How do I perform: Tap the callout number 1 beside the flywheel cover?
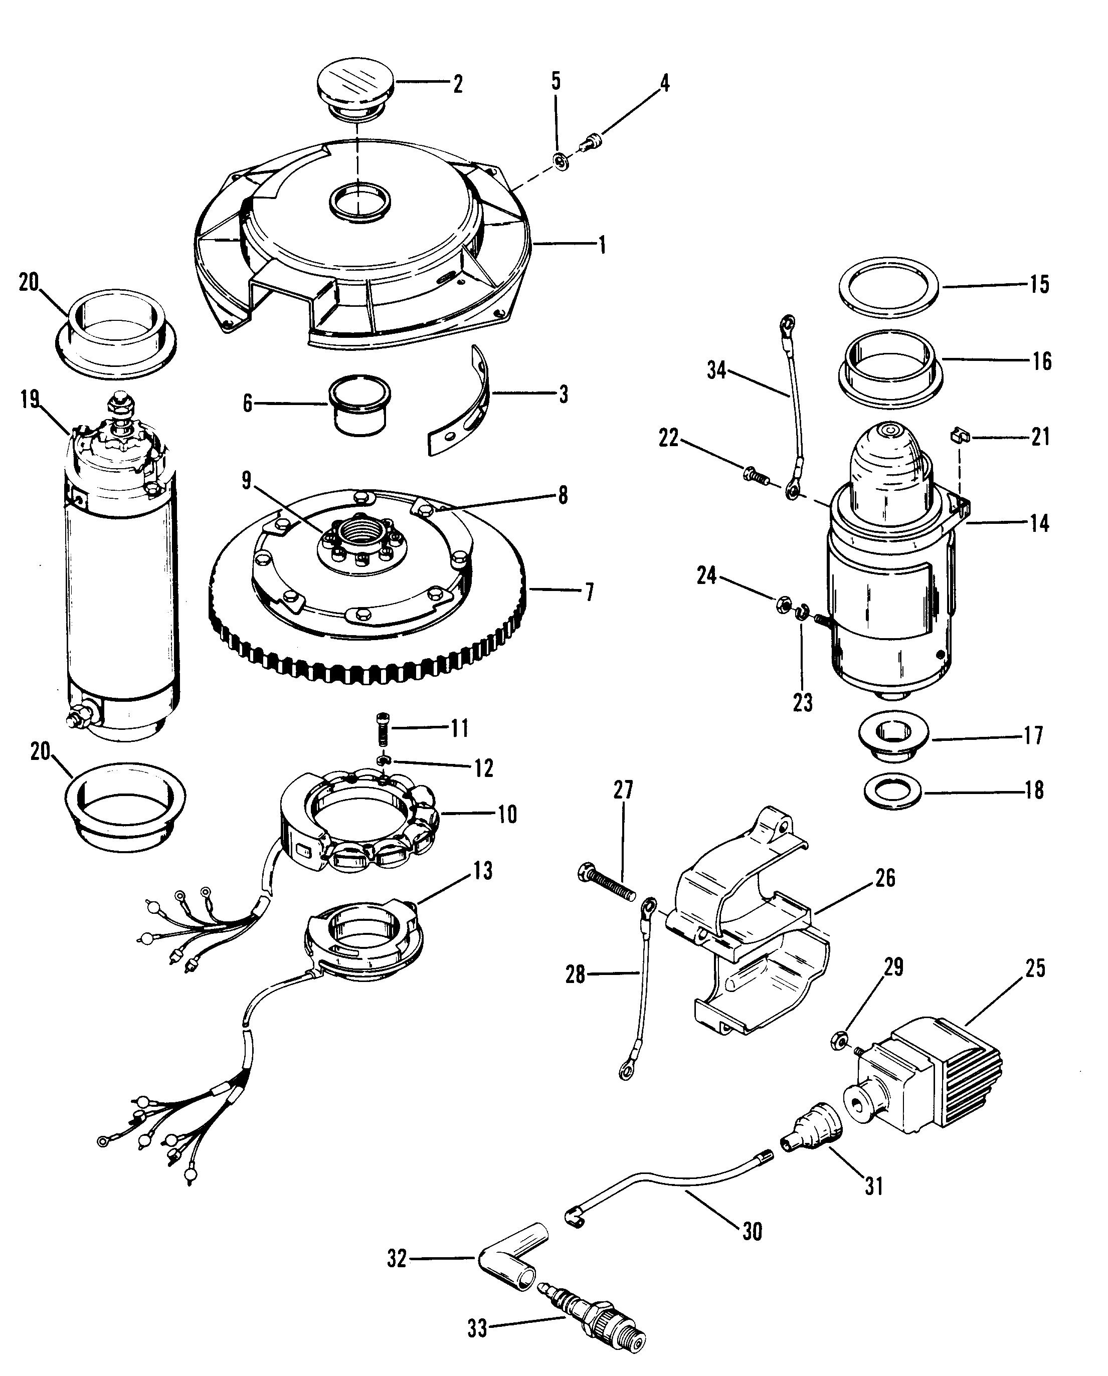tap(601, 245)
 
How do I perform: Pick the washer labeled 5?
tap(560, 162)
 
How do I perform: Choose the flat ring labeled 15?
tap(888, 287)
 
